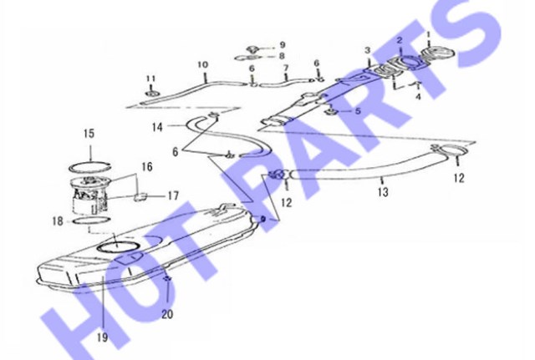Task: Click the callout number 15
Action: point(89,134)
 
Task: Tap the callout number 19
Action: point(102,337)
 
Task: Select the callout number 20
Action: point(167,314)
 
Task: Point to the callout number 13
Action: point(383,192)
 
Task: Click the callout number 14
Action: point(157,128)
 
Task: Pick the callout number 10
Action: point(202,64)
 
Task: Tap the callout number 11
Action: point(150,79)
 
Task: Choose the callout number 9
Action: point(283,44)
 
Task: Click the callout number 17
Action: point(173,195)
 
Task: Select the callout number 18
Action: point(58,221)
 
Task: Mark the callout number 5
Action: point(358,111)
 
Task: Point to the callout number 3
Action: point(368,50)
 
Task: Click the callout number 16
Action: point(147,167)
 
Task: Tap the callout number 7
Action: point(286,68)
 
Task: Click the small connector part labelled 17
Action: point(140,196)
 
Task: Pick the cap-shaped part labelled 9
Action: point(252,48)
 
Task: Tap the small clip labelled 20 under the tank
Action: point(167,278)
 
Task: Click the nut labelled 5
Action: point(331,111)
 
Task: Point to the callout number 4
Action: point(418,97)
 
